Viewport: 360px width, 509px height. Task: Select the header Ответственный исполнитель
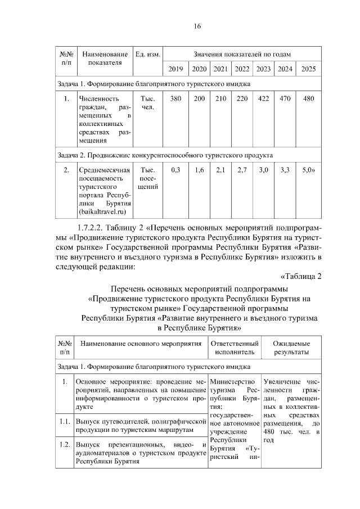coord(234,347)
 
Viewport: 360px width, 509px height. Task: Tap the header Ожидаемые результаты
coord(291,347)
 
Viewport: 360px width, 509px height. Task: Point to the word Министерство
coord(232,383)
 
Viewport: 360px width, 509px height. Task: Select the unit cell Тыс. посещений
coord(148,178)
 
